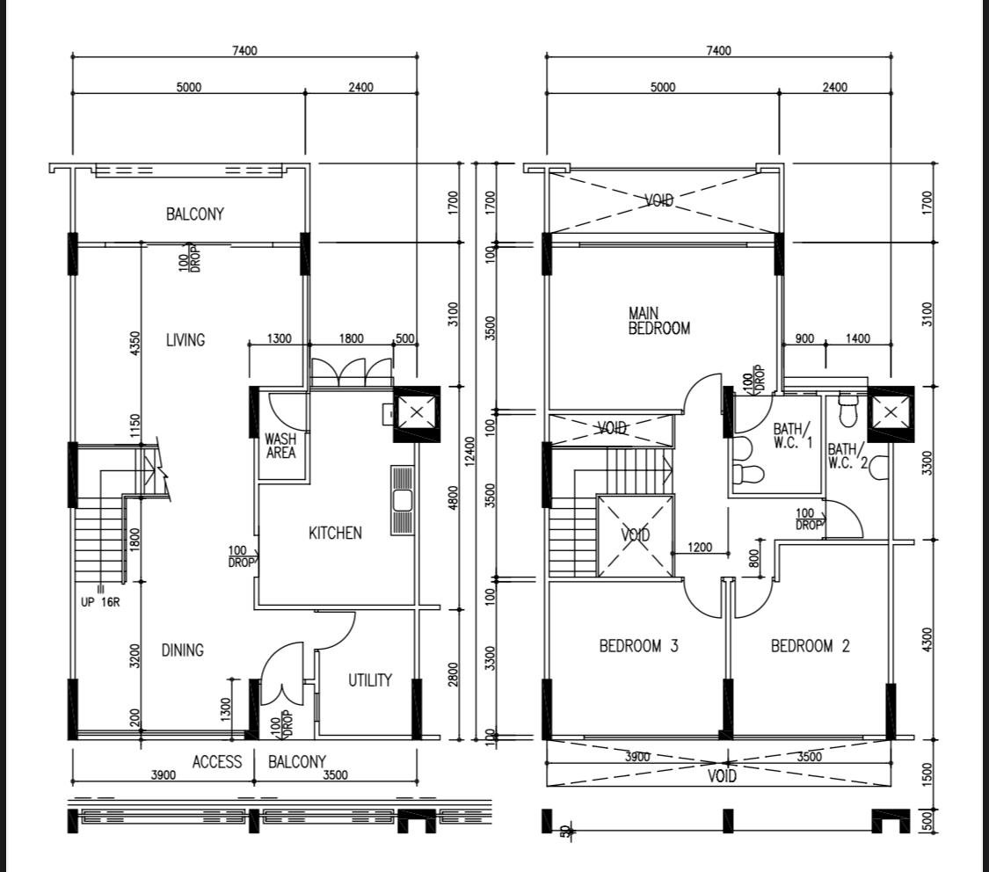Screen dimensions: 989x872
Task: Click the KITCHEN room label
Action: coord(335,534)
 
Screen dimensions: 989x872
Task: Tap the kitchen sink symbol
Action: coord(402,501)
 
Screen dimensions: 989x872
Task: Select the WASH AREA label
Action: coord(280,446)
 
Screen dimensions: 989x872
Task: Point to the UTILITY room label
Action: coord(370,680)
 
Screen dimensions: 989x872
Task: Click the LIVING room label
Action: coord(185,340)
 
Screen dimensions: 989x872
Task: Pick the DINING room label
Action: coord(182,650)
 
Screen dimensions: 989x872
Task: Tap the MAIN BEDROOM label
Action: coord(659,321)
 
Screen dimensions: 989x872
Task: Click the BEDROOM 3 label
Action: coord(638,646)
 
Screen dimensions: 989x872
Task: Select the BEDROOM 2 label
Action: coord(810,646)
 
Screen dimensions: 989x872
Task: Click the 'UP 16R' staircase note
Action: coord(100,602)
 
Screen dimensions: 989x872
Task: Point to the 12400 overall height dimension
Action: coord(469,452)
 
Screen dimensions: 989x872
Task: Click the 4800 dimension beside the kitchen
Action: coord(453,498)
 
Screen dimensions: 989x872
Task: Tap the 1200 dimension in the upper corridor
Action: coord(700,548)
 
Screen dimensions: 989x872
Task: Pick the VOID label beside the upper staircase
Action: coord(635,535)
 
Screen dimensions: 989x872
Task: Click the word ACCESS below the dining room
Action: coord(217,762)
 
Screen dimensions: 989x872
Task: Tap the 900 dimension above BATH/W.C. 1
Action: coord(804,339)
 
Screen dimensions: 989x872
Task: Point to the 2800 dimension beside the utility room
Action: coord(453,674)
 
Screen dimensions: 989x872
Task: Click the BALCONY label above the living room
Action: coord(195,214)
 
